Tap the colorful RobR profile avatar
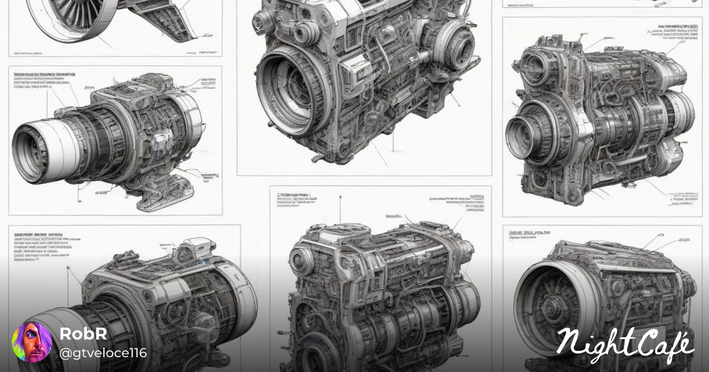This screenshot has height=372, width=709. point(32,342)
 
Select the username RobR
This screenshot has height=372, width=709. point(83,334)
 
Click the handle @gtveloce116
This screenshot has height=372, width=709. point(103,353)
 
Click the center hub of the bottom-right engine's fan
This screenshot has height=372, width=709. point(552,307)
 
